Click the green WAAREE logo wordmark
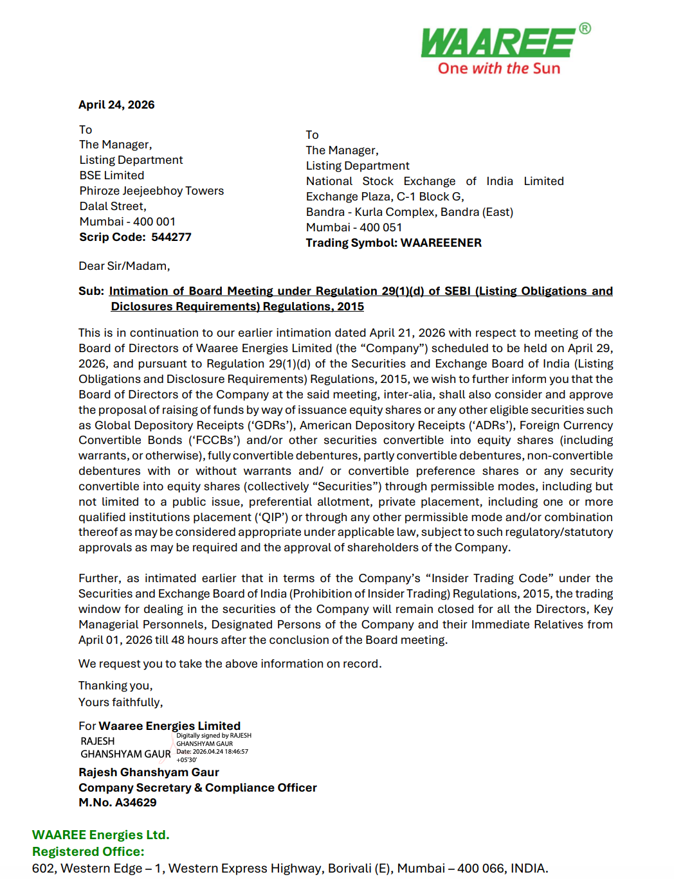[x=498, y=43]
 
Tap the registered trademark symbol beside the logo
[x=585, y=28]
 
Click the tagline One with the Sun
[x=498, y=69]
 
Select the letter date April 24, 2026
[x=116, y=105]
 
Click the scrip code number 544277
[x=172, y=237]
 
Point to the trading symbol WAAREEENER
[x=441, y=243]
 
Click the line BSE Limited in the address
[x=112, y=175]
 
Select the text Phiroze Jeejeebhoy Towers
[x=152, y=191]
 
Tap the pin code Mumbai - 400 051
[x=354, y=227]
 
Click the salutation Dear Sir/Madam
[x=124, y=266]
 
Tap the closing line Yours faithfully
[x=121, y=702]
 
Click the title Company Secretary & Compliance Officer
[x=197, y=788]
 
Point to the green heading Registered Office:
[x=88, y=851]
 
